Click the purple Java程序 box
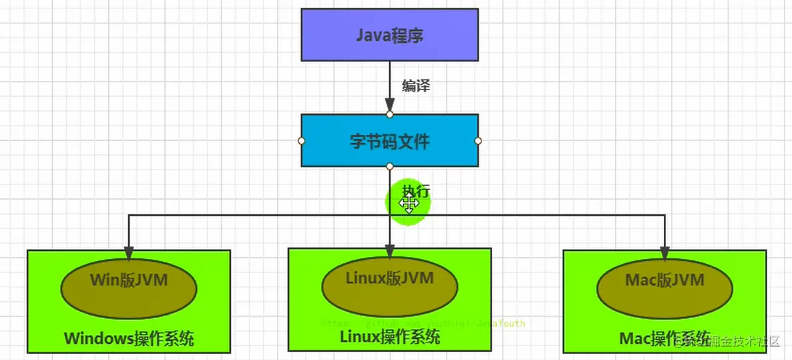(x=389, y=35)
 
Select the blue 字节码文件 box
(x=389, y=141)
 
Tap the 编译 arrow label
(x=415, y=85)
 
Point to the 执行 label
(x=416, y=190)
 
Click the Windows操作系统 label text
(x=129, y=338)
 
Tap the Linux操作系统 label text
(x=390, y=337)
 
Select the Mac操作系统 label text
(x=664, y=337)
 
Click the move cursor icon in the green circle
(x=409, y=205)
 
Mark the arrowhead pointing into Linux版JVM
(x=389, y=251)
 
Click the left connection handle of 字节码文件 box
(x=301, y=141)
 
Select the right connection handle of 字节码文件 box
(x=478, y=141)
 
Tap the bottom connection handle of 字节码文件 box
(x=389, y=166)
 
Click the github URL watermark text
(x=423, y=323)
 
